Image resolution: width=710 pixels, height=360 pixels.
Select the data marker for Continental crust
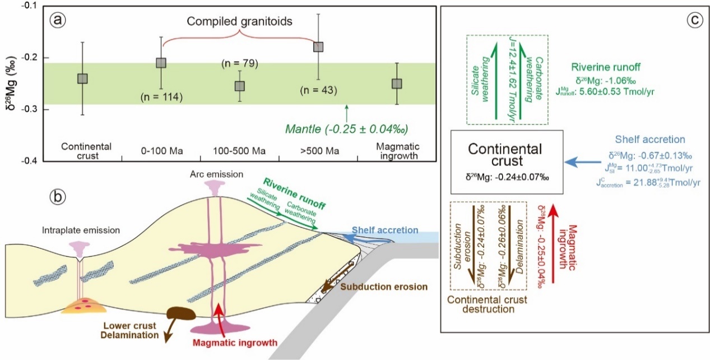point(82,79)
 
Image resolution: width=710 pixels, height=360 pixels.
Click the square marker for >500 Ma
point(318,47)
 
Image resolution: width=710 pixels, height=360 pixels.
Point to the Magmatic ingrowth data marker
point(397,84)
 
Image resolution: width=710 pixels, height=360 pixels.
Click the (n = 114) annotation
point(161,98)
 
